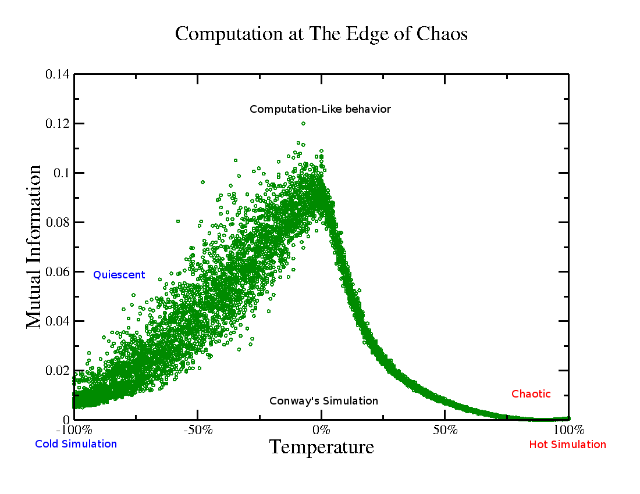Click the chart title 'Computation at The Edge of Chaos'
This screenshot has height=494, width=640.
(321, 34)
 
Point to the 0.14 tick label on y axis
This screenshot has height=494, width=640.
(57, 74)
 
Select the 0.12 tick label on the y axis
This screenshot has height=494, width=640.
(57, 124)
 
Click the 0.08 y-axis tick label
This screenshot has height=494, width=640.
(57, 223)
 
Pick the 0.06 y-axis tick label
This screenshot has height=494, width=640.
(57, 272)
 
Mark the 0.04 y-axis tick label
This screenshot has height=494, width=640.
(57, 321)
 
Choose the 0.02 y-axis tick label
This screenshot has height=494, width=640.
(57, 371)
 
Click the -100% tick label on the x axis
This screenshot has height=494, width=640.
(74, 431)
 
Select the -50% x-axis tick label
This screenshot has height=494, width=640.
(198, 431)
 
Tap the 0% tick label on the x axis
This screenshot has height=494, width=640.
(321, 431)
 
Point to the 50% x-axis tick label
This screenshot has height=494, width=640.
(445, 431)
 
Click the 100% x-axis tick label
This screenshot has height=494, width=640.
(568, 431)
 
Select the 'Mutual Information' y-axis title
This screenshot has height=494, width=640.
(34, 247)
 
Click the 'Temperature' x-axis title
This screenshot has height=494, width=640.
(321, 448)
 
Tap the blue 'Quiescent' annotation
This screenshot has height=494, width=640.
(119, 275)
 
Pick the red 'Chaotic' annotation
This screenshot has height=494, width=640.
(531, 394)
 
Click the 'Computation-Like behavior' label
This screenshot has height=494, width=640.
(320, 109)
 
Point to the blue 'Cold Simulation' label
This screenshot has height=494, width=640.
(76, 444)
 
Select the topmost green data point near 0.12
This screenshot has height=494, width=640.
(303, 123)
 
